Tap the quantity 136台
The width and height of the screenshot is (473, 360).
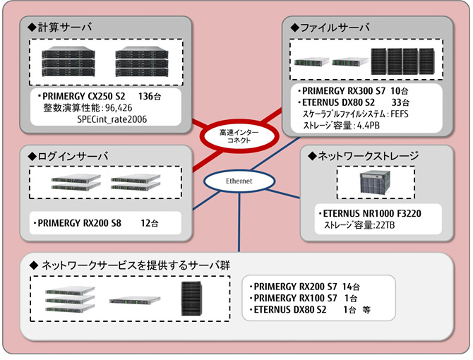pos(152,95)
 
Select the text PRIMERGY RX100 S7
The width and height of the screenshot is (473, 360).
pos(295,298)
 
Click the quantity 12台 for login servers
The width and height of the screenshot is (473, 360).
pos(150,223)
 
